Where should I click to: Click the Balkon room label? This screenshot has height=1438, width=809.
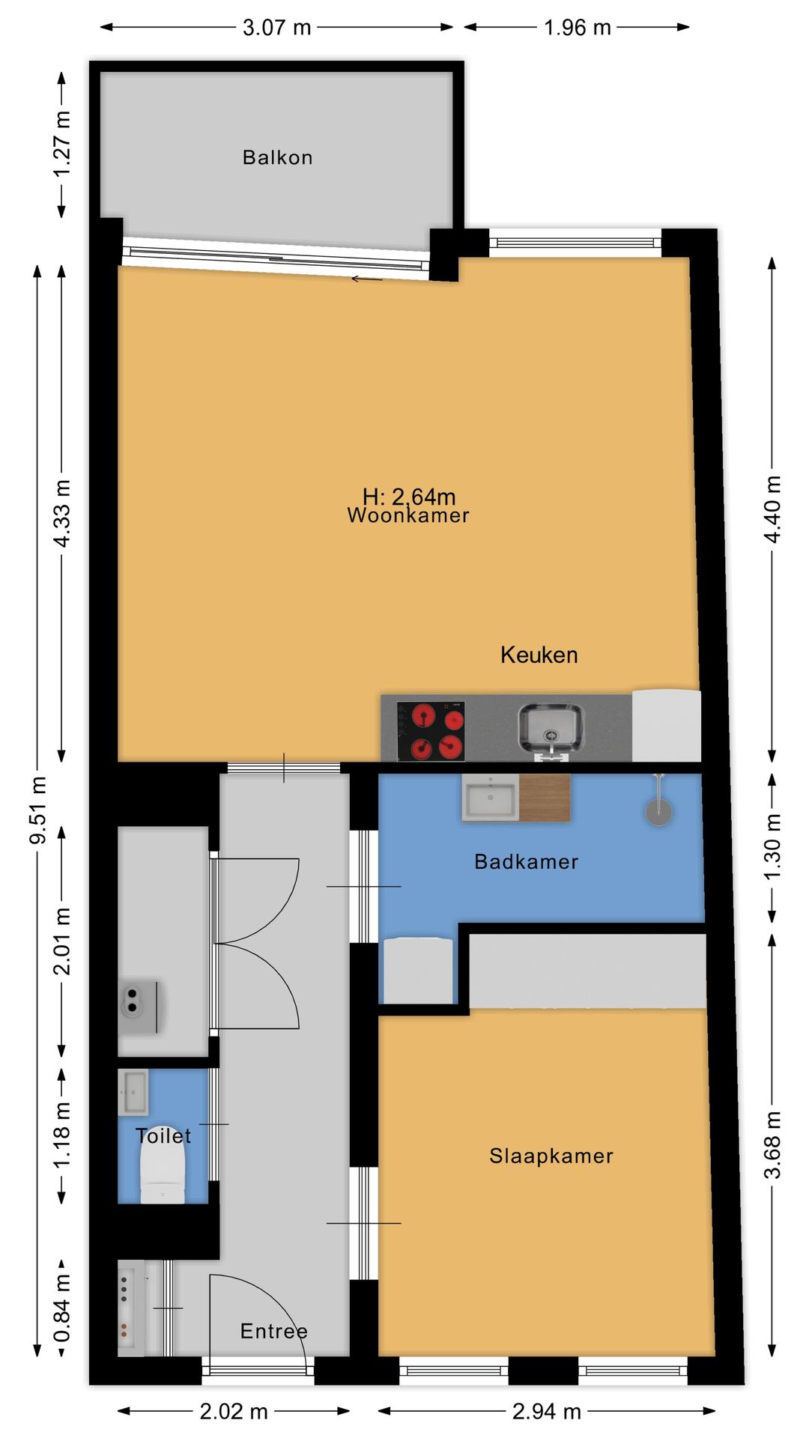click(x=277, y=157)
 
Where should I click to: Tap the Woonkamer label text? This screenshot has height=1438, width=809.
click(x=408, y=515)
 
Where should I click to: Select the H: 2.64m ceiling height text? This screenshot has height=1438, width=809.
click(x=409, y=496)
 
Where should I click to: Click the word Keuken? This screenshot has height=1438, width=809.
click(x=539, y=655)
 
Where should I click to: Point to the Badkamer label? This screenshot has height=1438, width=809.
click(x=527, y=861)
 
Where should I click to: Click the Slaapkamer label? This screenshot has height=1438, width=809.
click(x=551, y=1156)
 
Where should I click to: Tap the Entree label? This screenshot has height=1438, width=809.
click(x=273, y=1331)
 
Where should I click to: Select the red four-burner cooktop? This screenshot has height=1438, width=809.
click(x=431, y=731)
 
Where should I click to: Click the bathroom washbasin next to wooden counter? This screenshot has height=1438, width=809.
click(x=491, y=798)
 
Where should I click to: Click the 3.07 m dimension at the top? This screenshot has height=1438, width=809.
click(x=276, y=28)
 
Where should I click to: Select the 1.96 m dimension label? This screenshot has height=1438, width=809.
click(x=578, y=28)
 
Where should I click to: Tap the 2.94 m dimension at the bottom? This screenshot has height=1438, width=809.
click(x=547, y=1412)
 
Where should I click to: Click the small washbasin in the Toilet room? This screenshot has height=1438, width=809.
click(x=133, y=1092)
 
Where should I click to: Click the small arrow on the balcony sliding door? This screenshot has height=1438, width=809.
click(x=367, y=279)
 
